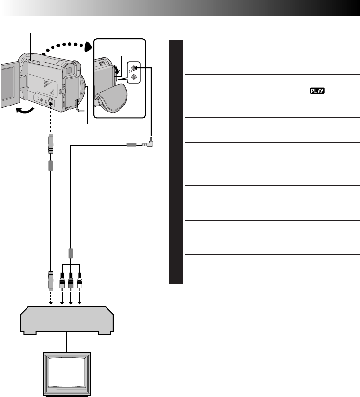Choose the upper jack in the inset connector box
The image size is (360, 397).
click(134, 68)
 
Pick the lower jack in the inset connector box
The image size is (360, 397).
click(134, 77)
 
